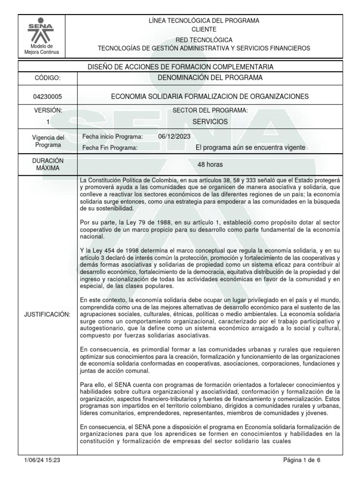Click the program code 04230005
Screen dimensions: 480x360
[x=42, y=97]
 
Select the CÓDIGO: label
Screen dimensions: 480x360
[x=42, y=78]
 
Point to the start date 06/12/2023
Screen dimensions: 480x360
[x=175, y=136]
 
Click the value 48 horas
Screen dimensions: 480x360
[x=210, y=165]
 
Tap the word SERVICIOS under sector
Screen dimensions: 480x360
[x=210, y=121]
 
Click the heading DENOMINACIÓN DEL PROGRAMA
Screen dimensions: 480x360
[x=210, y=77]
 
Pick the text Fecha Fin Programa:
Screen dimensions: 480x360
[x=110, y=148]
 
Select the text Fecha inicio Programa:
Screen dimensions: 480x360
[x=112, y=136]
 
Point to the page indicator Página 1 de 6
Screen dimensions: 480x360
[x=302, y=460]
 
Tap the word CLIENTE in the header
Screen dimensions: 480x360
[x=210, y=29]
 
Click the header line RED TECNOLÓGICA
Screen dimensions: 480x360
[x=210, y=40]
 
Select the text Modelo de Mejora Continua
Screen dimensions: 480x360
[x=42, y=49]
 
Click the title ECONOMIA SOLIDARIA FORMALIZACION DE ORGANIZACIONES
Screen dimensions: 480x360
[x=210, y=97]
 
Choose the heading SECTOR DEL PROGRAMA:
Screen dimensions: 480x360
[x=210, y=110]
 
